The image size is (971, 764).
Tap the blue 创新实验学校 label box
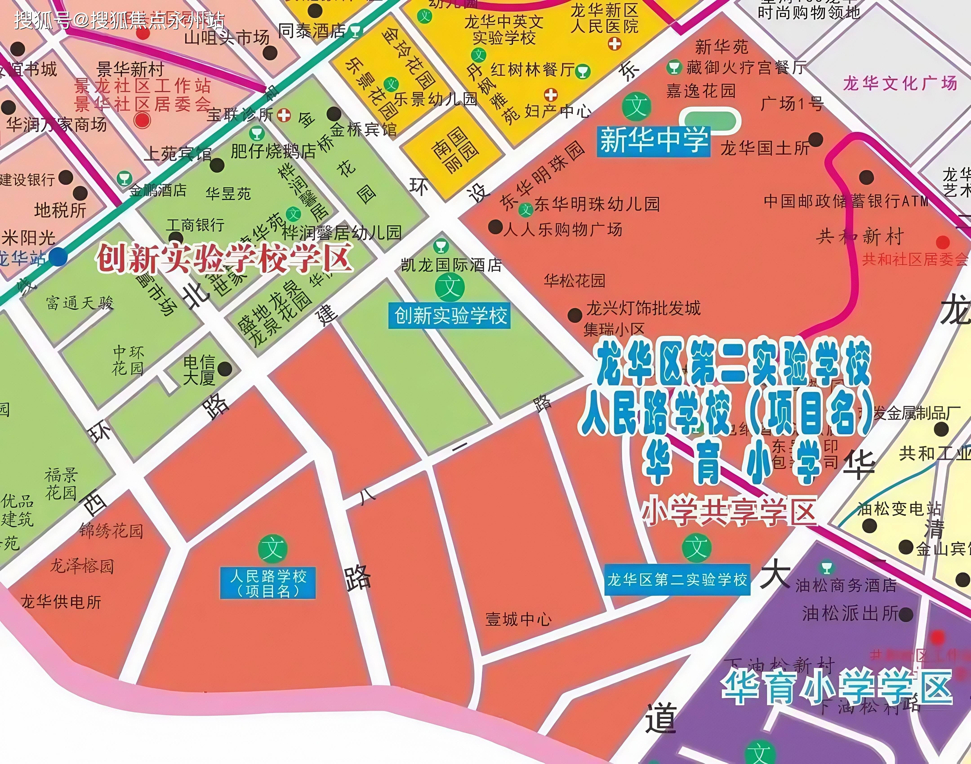449,316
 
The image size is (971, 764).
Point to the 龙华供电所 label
61,602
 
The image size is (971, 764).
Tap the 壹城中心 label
519,620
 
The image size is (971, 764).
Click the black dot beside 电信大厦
225,369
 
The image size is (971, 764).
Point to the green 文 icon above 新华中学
636,107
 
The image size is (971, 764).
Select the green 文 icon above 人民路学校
272,549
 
